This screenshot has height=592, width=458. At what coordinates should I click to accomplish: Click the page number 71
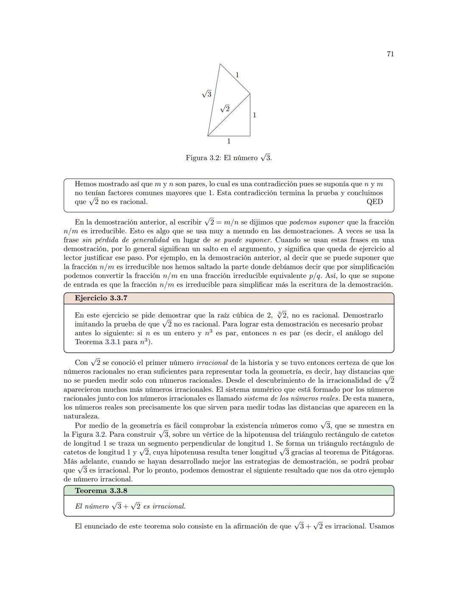[x=390, y=54]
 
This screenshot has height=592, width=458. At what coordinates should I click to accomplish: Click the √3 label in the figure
[x=207, y=94]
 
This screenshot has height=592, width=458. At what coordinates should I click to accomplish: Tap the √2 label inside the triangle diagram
[x=225, y=108]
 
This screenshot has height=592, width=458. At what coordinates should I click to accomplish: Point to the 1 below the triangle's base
[x=229, y=141]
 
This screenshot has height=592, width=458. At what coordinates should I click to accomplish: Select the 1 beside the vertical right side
[x=254, y=115]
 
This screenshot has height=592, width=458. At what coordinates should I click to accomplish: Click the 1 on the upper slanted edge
[x=237, y=75]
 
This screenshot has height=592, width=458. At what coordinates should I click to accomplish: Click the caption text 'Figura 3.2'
[x=202, y=158]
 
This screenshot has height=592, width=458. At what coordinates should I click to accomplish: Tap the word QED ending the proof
[x=374, y=202]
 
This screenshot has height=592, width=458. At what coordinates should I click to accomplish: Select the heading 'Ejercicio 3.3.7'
[x=101, y=298]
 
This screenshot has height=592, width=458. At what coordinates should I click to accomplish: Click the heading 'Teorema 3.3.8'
[x=101, y=491]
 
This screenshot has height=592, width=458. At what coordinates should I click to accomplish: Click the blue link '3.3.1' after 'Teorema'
[x=112, y=342]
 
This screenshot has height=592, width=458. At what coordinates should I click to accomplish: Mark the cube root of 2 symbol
[x=282, y=315]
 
